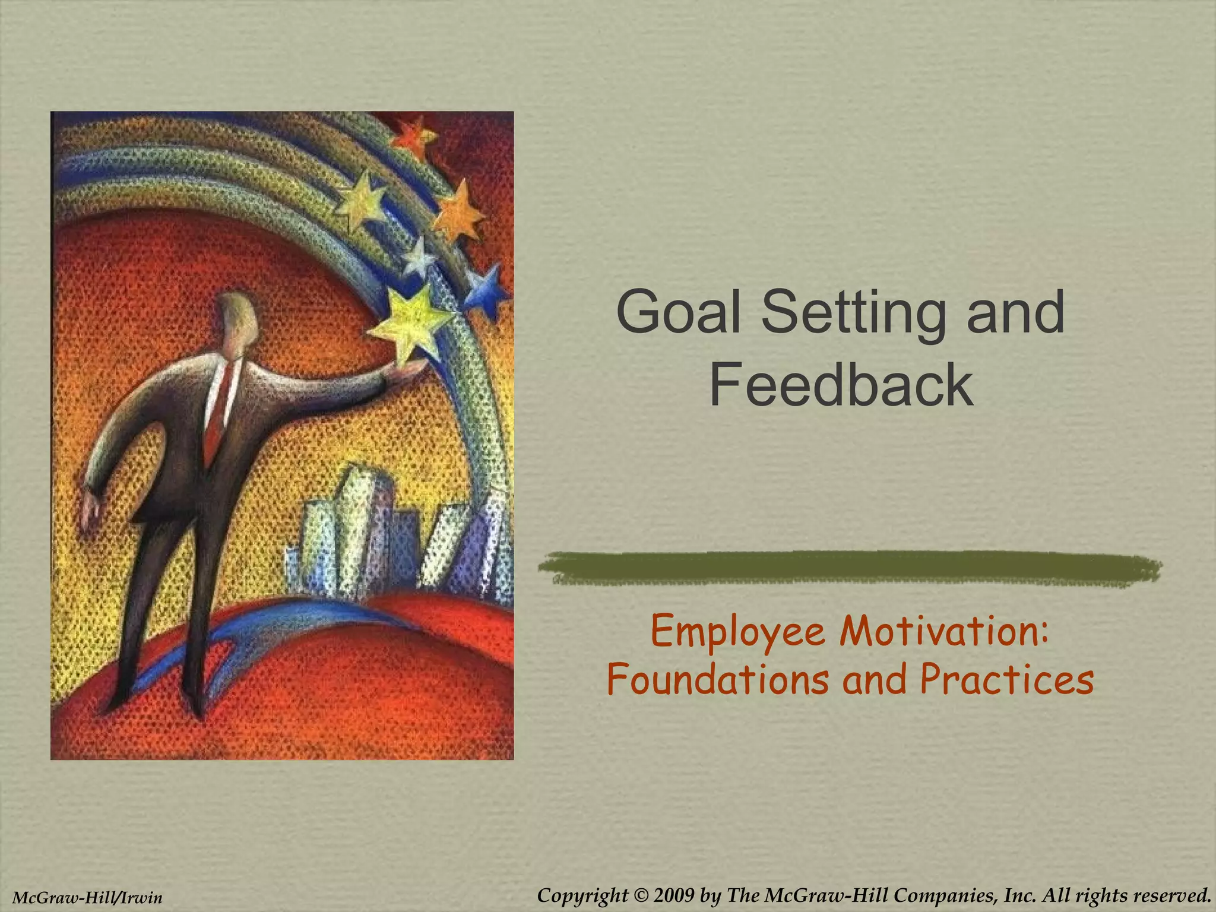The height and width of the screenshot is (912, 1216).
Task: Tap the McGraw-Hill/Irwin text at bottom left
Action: [x=87, y=897]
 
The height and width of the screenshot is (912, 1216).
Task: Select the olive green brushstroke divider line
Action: [x=849, y=567]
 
